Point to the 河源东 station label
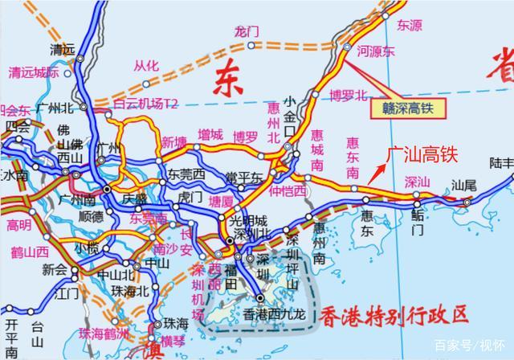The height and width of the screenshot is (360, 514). [376, 51]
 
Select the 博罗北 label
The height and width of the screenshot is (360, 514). [347, 95]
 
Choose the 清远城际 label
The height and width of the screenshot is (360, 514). [33, 72]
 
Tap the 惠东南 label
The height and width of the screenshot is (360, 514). [352, 150]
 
